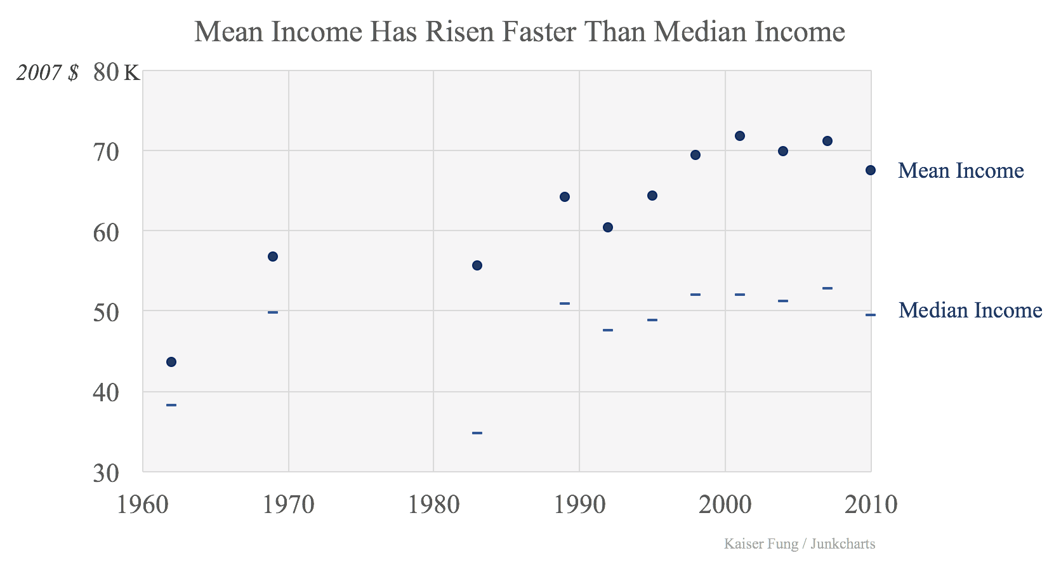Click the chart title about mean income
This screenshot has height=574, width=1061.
point(519,32)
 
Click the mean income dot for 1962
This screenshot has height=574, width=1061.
point(171,362)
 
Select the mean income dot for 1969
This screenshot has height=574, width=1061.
point(273,257)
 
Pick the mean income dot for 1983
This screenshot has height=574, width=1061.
point(477,265)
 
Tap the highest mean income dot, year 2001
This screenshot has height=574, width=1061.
point(739,136)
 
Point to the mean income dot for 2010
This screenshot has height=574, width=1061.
point(871,170)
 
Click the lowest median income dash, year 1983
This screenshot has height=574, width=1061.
point(477,433)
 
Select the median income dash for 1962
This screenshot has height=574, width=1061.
point(171,405)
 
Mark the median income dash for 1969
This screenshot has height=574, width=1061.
point(273,312)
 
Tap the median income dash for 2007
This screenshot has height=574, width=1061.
point(827,288)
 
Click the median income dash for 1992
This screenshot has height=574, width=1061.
point(608,330)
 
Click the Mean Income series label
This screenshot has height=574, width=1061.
point(961,171)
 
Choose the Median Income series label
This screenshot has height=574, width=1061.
point(970,310)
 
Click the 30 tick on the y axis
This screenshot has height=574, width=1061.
point(106,473)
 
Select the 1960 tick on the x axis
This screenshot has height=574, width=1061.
point(143,505)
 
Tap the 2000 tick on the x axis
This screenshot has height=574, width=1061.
point(725,505)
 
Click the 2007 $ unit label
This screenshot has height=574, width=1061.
point(48,73)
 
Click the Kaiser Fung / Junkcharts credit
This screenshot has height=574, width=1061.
point(800,544)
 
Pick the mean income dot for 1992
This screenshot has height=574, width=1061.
point(608,227)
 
